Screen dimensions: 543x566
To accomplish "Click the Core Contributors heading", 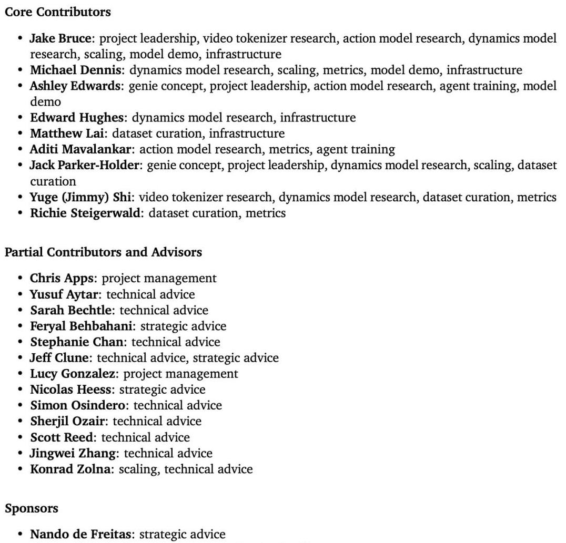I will click(58, 12).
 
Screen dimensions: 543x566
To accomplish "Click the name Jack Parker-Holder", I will click(85, 165).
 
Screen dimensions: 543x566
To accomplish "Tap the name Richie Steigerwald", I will click(86, 213).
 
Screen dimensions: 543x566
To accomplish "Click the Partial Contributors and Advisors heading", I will click(103, 252).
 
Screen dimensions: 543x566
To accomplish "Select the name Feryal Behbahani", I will click(82, 326).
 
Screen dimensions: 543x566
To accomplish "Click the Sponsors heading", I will click(32, 508).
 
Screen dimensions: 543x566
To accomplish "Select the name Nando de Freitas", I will click(81, 534).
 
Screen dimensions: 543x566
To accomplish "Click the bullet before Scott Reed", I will click(20, 437).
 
